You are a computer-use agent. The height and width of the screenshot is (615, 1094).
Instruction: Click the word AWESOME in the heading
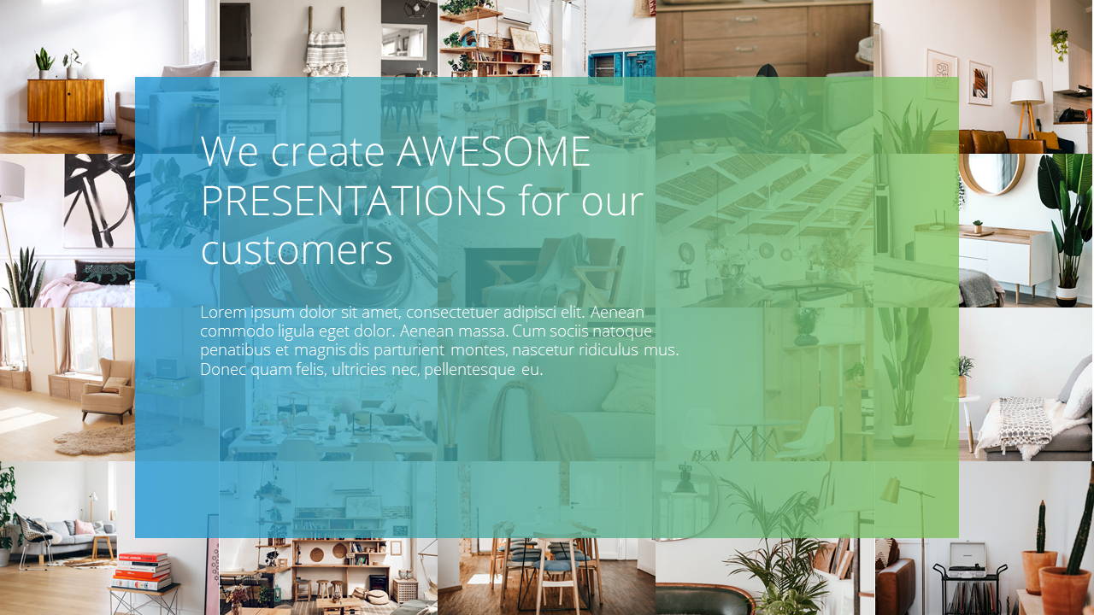click(x=493, y=151)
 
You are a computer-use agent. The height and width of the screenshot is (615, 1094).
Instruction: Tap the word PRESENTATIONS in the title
click(x=354, y=201)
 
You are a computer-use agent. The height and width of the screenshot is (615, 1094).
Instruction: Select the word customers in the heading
click(x=297, y=251)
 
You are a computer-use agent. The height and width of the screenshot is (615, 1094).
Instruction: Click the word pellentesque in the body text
click(x=469, y=370)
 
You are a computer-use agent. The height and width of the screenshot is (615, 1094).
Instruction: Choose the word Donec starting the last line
click(x=223, y=370)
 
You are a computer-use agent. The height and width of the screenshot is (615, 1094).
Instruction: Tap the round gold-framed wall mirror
click(x=992, y=173)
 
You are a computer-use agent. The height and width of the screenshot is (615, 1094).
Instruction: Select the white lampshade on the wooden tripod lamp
click(x=1027, y=91)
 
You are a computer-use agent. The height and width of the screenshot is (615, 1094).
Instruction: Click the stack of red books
click(x=142, y=571)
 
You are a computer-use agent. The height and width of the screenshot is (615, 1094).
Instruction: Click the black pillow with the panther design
click(x=105, y=272)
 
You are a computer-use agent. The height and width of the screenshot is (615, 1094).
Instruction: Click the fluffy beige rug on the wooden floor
click(x=95, y=440)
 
